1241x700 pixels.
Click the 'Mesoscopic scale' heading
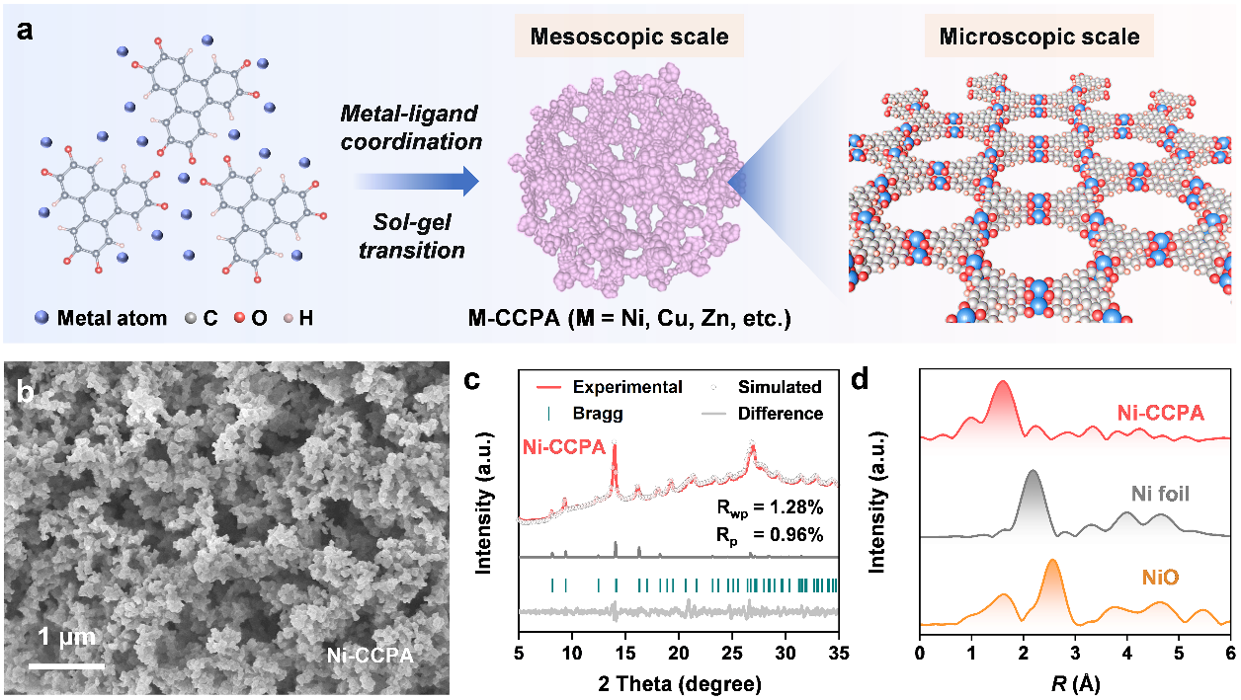tap(630, 38)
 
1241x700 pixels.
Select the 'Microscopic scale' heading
tap(1039, 38)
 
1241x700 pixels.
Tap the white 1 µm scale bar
tap(66, 665)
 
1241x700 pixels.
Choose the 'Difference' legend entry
tap(780, 413)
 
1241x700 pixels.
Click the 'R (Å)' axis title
tap(1074, 682)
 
